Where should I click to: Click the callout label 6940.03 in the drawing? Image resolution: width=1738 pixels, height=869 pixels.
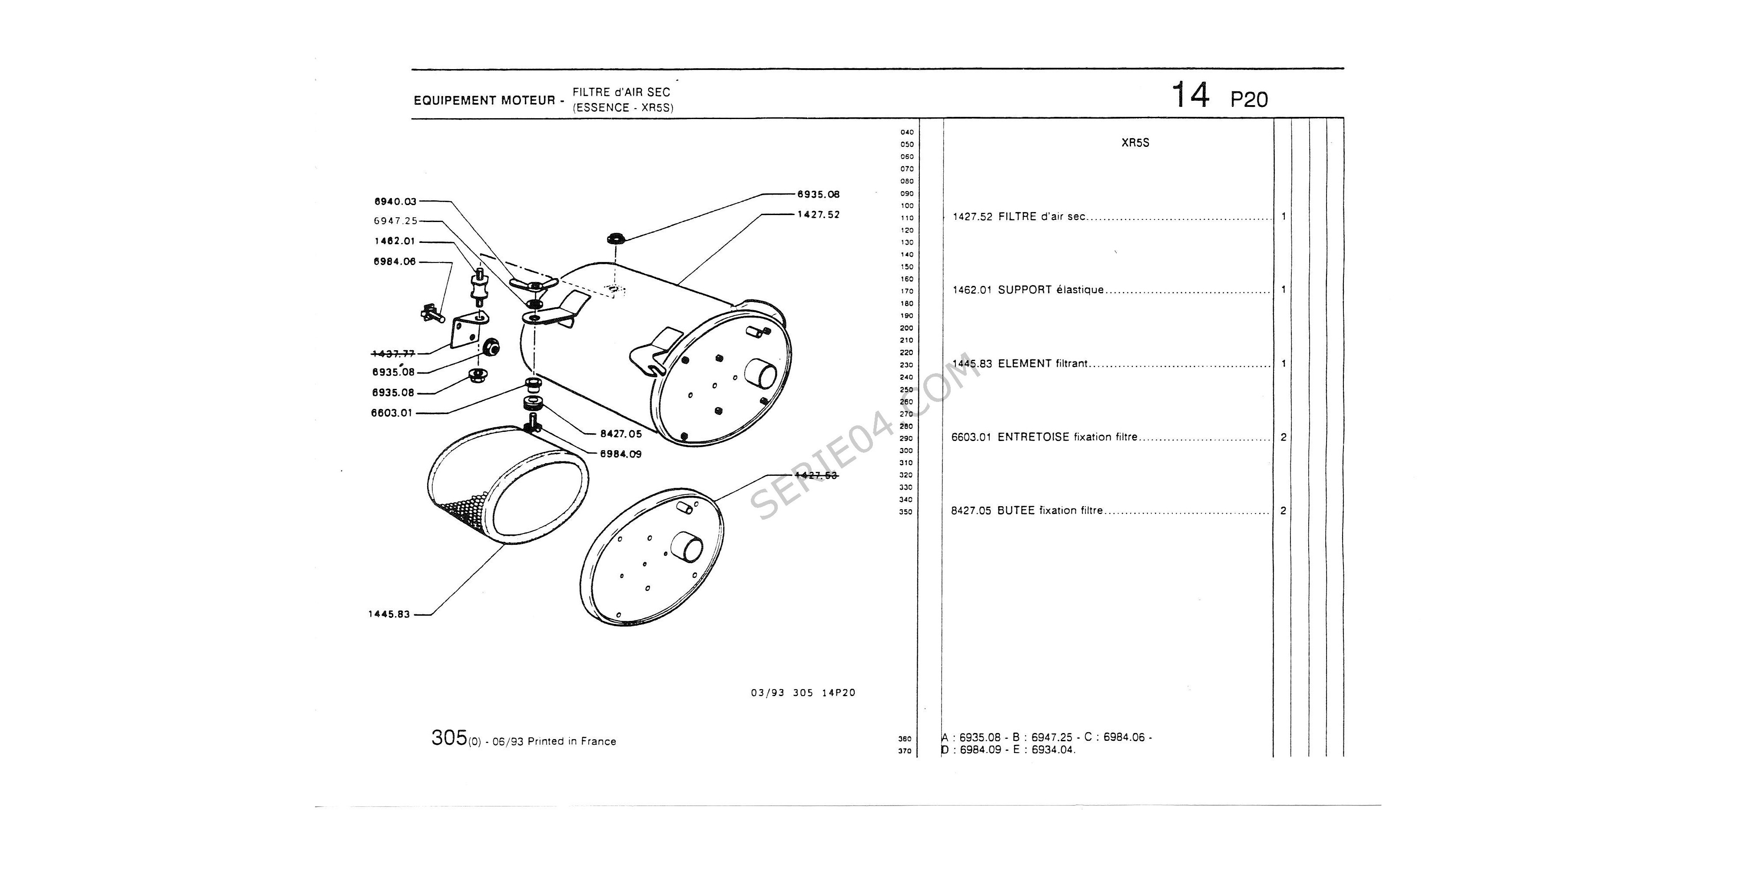pos(395,202)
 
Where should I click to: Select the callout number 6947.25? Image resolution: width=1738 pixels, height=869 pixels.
pos(395,221)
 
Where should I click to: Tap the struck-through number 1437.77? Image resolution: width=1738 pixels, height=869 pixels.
pos(393,354)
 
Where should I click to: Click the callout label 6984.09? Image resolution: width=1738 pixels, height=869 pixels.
pos(621,454)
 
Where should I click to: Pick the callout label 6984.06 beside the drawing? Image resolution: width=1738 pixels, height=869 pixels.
pos(395,262)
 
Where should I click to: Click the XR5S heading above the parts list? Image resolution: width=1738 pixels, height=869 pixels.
pos(1135,143)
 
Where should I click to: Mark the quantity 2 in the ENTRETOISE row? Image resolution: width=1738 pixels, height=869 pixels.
pos(1283,437)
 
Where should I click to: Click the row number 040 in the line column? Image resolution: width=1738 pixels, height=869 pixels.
pos(907,132)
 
